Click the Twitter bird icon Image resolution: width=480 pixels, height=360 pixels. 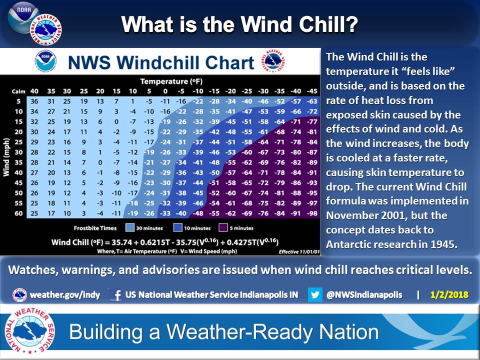click(x=315, y=295)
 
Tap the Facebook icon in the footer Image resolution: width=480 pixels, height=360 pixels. click(x=116, y=295)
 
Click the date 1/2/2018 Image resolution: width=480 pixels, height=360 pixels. click(x=449, y=295)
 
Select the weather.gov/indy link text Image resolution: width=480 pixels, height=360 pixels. click(x=65, y=295)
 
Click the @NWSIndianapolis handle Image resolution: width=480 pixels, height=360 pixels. click(x=364, y=295)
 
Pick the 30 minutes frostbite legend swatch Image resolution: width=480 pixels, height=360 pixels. click(x=130, y=228)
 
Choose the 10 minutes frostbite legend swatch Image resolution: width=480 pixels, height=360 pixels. click(x=178, y=228)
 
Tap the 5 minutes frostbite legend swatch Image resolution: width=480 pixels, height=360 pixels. click(x=223, y=228)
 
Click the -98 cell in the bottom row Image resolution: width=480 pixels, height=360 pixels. click(x=312, y=213)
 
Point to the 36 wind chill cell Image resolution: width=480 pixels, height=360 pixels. click(x=34, y=101)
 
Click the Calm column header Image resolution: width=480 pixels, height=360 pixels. click(x=18, y=91)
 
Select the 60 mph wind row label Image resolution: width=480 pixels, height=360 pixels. click(x=18, y=213)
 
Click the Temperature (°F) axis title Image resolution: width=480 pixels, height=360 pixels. click(x=171, y=81)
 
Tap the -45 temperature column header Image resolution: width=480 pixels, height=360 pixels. click(x=312, y=91)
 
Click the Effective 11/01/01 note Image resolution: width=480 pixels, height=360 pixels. click(x=299, y=252)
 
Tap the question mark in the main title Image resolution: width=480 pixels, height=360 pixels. click(x=352, y=24)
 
